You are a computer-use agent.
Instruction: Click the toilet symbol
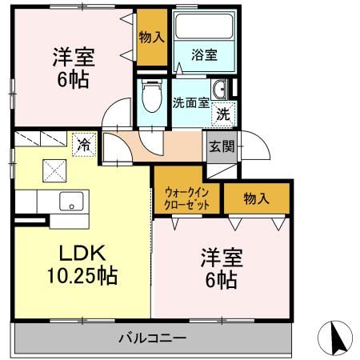150,101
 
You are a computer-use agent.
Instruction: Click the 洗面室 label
191,102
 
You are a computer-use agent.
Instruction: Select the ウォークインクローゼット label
187,198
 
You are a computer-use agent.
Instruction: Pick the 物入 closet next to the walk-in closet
256,198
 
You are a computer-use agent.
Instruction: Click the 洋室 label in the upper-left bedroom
74,58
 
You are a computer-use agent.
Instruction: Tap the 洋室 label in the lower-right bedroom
222,258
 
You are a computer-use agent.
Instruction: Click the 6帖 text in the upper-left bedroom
74,80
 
